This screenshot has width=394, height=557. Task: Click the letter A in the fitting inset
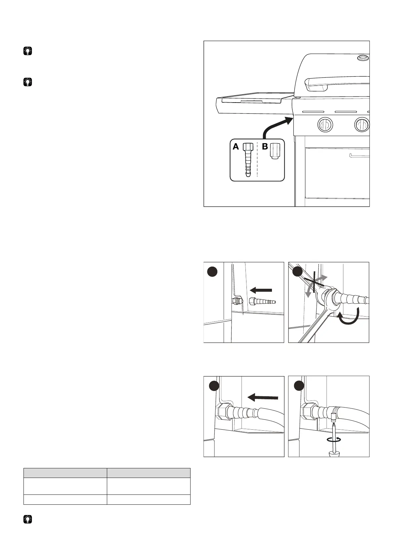coord(236,147)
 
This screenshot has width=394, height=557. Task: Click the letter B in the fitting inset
coord(265,147)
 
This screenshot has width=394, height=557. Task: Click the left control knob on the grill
coord(325,125)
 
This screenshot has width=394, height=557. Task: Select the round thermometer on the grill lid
coord(363,58)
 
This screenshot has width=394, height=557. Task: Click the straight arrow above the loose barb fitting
coord(261,290)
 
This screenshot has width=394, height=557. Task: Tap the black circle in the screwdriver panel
coord(299,386)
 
